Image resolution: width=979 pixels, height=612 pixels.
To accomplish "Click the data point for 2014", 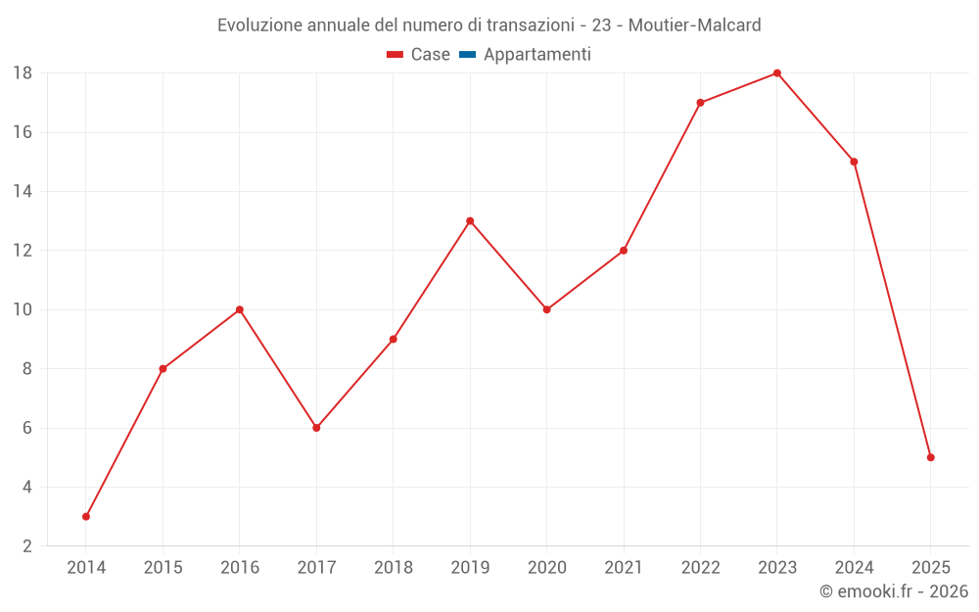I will [86, 516].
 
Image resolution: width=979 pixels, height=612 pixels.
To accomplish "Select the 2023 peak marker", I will [777, 72].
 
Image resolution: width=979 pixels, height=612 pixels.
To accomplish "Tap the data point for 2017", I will [316, 428].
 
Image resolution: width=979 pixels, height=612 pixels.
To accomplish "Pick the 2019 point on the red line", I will [470, 220].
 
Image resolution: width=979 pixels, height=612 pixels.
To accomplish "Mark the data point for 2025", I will [931, 457].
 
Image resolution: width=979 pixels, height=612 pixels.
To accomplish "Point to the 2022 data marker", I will [700, 102].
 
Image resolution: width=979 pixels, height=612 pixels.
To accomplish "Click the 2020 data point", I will [547, 309].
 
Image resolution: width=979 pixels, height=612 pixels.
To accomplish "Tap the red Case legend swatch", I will [396, 55].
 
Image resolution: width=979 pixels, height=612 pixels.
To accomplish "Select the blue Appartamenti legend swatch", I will [467, 55].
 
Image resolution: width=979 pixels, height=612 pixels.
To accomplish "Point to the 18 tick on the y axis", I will [23, 73].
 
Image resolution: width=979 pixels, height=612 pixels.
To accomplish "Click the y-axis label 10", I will [23, 310].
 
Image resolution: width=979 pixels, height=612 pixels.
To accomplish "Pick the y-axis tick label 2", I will [27, 546].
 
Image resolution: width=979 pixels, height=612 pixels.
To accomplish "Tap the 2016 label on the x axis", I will [240, 568].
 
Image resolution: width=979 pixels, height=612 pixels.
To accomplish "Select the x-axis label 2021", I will [624, 568].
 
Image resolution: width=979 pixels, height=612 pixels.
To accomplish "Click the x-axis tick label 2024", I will [854, 568].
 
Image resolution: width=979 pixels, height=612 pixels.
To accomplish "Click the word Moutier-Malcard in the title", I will [694, 25].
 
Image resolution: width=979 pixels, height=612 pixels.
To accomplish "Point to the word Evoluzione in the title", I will [260, 25].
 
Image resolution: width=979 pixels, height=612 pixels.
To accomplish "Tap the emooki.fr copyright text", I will [894, 591].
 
